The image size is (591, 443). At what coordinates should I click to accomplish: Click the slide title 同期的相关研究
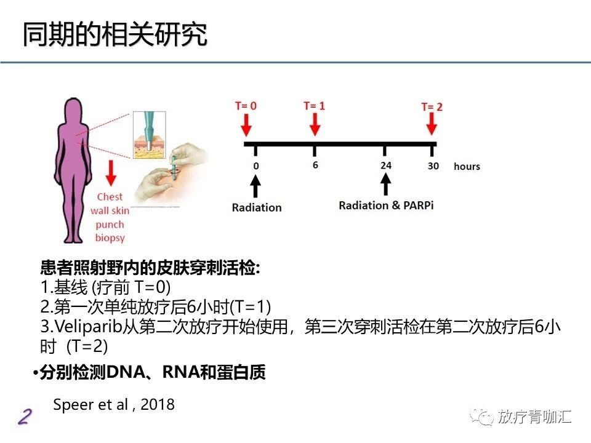(x=115, y=36)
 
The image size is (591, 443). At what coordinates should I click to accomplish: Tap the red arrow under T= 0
(x=246, y=127)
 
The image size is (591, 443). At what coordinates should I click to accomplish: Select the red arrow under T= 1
(x=315, y=127)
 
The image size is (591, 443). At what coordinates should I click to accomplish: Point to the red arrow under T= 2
(x=432, y=127)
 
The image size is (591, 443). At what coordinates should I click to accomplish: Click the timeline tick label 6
(x=315, y=165)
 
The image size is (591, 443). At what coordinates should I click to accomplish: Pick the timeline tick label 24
(x=385, y=165)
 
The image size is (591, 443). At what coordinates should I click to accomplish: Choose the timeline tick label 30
(x=433, y=166)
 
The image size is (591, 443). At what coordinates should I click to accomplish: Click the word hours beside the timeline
(x=467, y=167)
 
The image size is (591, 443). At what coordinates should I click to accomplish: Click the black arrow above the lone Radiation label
(x=256, y=185)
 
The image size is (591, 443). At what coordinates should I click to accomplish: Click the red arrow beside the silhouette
(x=111, y=173)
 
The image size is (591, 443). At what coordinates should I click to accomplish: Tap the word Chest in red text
(x=110, y=198)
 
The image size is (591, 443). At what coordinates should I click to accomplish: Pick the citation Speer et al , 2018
(x=114, y=404)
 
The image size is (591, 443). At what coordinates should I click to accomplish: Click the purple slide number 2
(x=24, y=417)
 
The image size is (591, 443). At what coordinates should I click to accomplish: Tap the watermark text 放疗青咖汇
(x=535, y=417)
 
